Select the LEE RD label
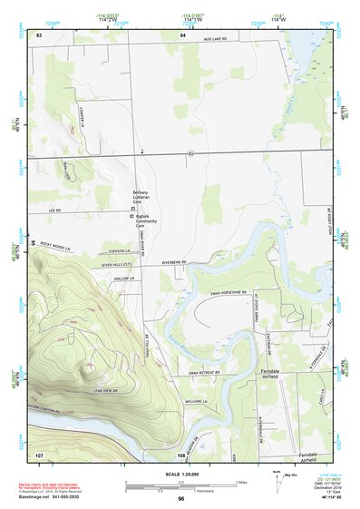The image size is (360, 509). coord(53,210)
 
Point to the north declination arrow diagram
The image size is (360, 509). coord(279,481)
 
